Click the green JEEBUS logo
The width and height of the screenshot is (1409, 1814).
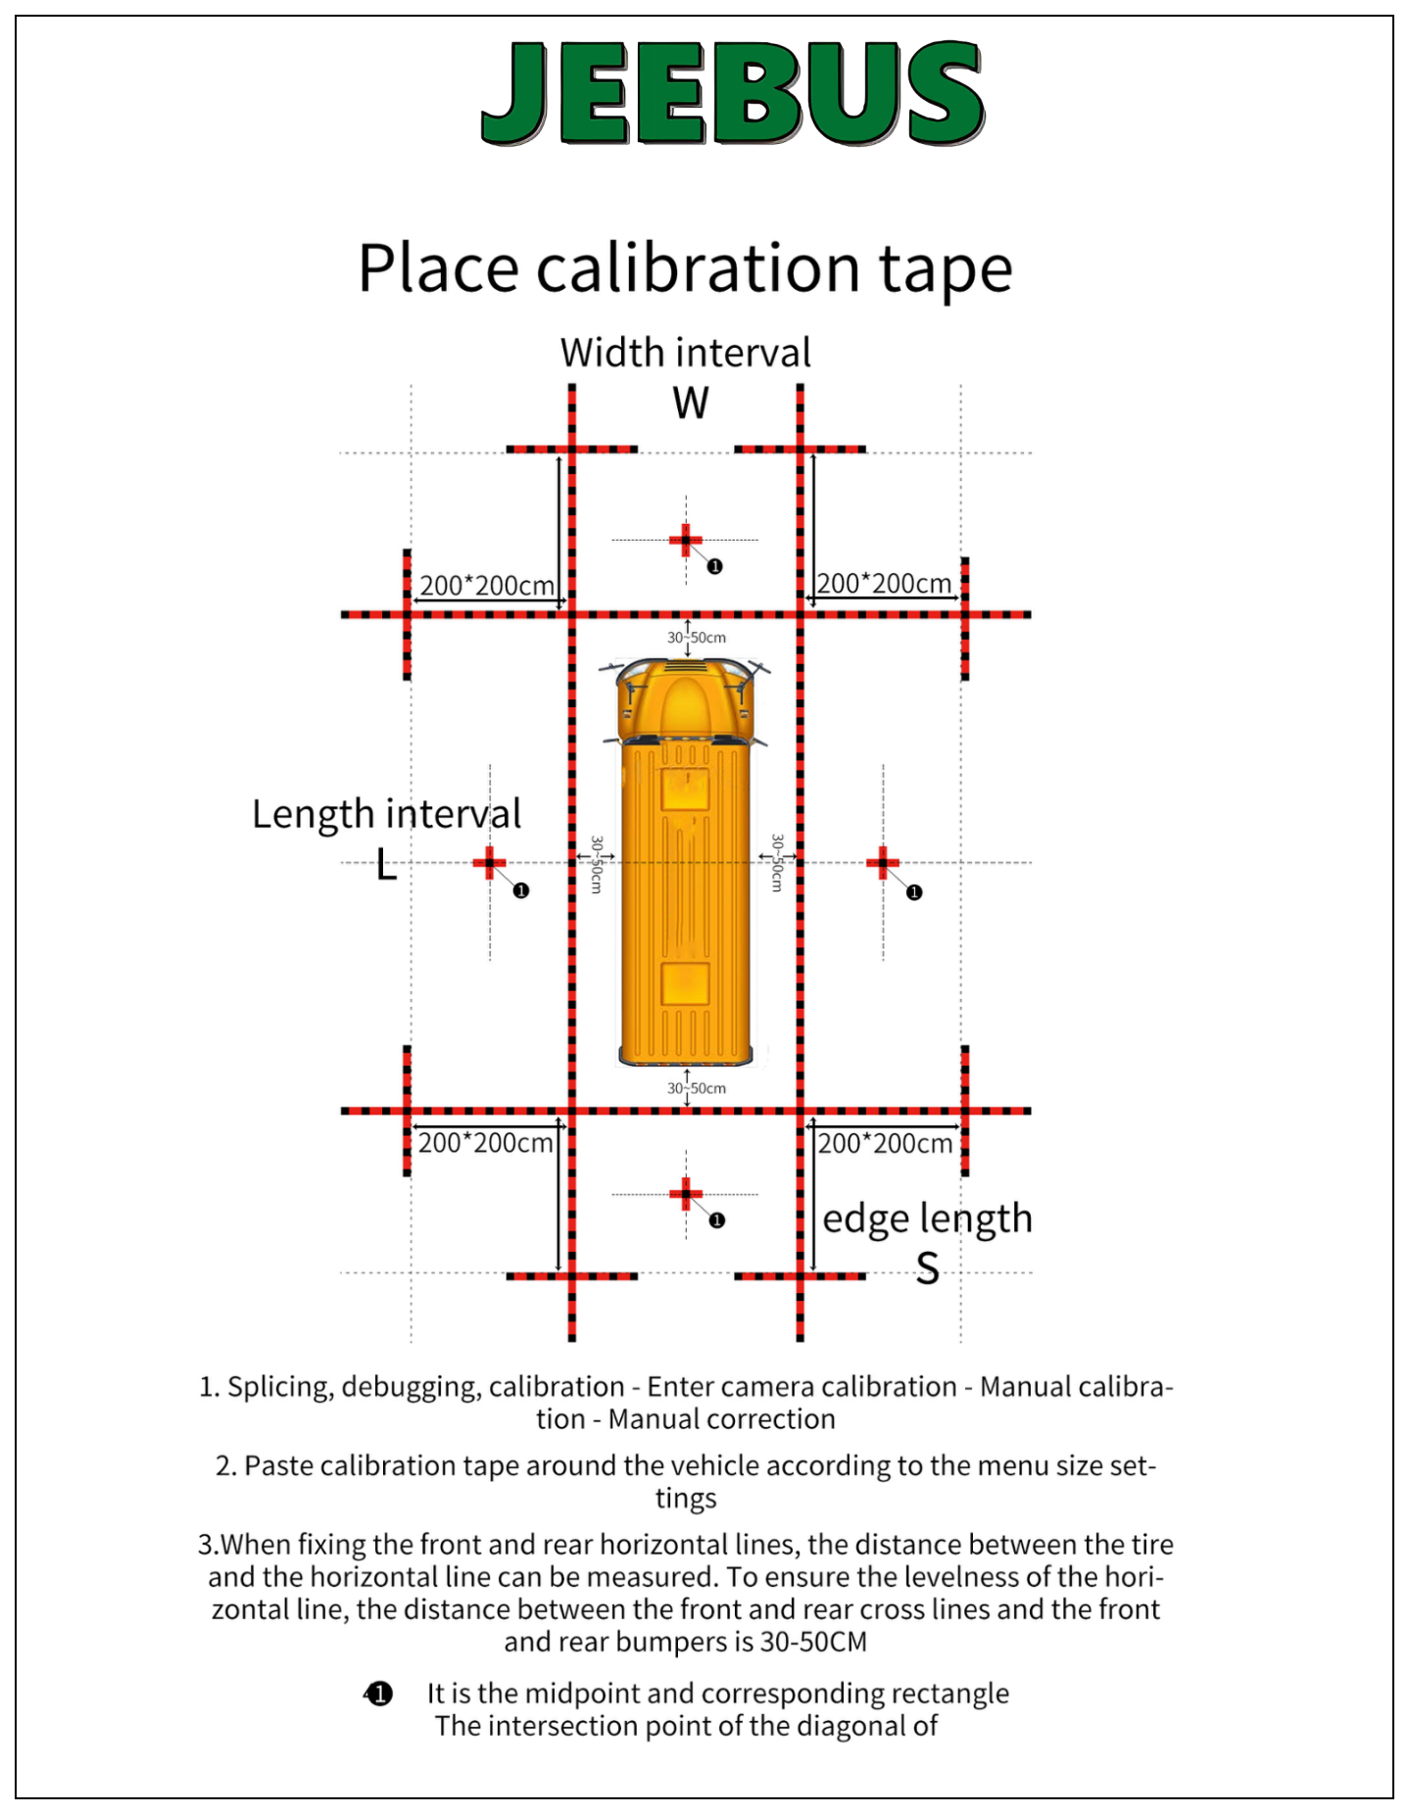click(733, 93)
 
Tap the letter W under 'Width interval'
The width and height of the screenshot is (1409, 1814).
click(691, 403)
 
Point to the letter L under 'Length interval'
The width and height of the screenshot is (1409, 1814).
click(387, 865)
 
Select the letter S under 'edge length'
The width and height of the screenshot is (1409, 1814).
click(928, 1269)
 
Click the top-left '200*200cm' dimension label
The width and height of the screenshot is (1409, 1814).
click(487, 586)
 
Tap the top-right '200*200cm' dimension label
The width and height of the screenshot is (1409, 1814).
click(884, 584)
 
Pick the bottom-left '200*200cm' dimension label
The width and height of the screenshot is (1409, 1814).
click(485, 1143)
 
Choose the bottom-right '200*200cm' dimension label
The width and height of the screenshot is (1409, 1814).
click(885, 1143)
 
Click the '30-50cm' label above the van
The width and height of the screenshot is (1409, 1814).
click(697, 638)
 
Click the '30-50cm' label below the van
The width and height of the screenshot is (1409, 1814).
click(697, 1088)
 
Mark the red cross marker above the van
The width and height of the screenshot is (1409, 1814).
click(686, 540)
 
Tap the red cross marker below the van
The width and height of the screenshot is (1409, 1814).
click(686, 1194)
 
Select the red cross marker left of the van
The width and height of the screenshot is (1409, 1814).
click(489, 863)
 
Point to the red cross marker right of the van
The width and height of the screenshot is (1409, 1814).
click(883, 863)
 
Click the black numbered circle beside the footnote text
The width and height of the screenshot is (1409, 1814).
click(379, 1694)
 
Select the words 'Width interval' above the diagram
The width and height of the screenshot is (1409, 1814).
click(686, 353)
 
